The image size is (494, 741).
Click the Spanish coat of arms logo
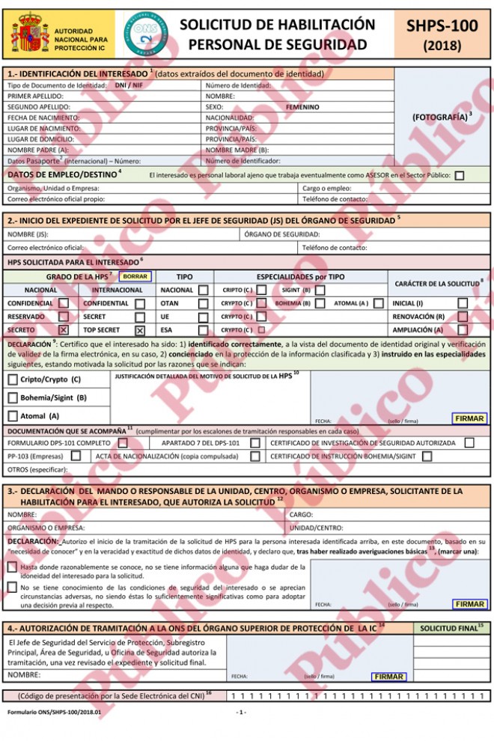point(29,33)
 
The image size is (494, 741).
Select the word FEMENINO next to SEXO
point(302,107)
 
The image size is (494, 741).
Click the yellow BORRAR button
point(135,276)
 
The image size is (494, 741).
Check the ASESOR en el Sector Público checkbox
point(459,176)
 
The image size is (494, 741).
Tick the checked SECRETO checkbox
point(64,330)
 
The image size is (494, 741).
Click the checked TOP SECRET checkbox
point(140,330)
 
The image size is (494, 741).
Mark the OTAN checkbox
point(204,303)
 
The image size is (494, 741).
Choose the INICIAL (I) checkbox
point(463,303)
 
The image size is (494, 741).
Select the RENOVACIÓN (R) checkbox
point(463,317)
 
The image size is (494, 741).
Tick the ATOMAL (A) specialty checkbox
point(379,303)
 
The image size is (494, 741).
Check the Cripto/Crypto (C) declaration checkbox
point(13,379)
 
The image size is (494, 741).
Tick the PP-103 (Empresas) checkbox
point(76,456)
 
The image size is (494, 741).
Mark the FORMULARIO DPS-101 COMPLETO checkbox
point(123,443)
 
